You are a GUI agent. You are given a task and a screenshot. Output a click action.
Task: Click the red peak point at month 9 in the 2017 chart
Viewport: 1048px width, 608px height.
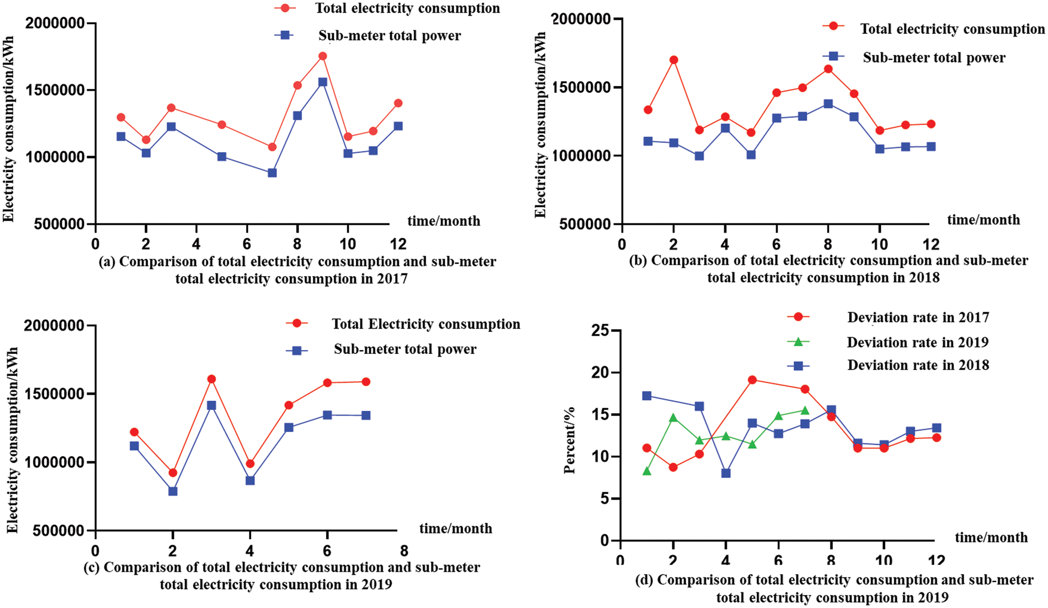click(x=322, y=56)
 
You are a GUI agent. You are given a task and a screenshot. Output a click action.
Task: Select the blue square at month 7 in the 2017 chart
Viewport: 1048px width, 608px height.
click(x=272, y=173)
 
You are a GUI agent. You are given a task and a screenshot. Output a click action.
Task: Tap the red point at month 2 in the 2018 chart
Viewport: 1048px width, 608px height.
click(x=673, y=60)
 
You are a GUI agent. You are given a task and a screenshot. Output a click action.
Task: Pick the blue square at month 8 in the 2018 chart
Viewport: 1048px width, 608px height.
click(x=828, y=104)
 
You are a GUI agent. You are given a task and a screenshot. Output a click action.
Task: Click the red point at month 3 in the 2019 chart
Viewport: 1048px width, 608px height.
click(x=211, y=379)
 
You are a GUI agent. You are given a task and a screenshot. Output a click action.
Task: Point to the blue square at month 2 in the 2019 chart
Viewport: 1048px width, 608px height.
click(x=173, y=491)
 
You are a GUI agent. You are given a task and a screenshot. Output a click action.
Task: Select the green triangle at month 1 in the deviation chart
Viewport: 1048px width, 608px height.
click(x=647, y=471)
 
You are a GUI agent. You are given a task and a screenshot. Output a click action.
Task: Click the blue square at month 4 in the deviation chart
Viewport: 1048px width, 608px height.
click(x=726, y=473)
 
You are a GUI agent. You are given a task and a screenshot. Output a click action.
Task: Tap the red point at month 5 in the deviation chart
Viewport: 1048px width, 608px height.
click(x=752, y=380)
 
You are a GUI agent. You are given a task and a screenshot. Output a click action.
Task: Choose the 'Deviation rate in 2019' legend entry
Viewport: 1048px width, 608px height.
click(x=917, y=342)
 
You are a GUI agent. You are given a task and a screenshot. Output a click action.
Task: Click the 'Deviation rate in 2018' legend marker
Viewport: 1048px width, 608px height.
click(x=798, y=366)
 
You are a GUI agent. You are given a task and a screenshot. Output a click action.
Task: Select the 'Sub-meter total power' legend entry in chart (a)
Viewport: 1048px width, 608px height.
click(x=389, y=36)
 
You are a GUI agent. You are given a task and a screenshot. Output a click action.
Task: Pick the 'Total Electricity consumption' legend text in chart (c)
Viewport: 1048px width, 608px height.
click(x=426, y=324)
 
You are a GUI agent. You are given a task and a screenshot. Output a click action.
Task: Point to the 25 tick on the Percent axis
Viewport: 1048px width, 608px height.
click(x=602, y=331)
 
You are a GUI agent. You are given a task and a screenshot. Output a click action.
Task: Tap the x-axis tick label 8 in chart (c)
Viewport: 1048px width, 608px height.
click(x=404, y=551)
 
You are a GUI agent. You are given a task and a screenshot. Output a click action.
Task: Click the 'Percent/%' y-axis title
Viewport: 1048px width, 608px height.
click(x=570, y=440)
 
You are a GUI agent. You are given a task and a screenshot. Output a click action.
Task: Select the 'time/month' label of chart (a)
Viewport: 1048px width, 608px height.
click(x=443, y=221)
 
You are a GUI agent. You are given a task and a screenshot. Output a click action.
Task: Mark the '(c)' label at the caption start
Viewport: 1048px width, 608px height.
click(x=91, y=568)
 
